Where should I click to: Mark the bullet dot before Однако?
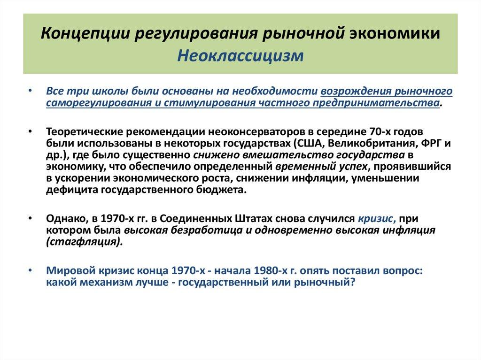(x=31, y=219)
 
